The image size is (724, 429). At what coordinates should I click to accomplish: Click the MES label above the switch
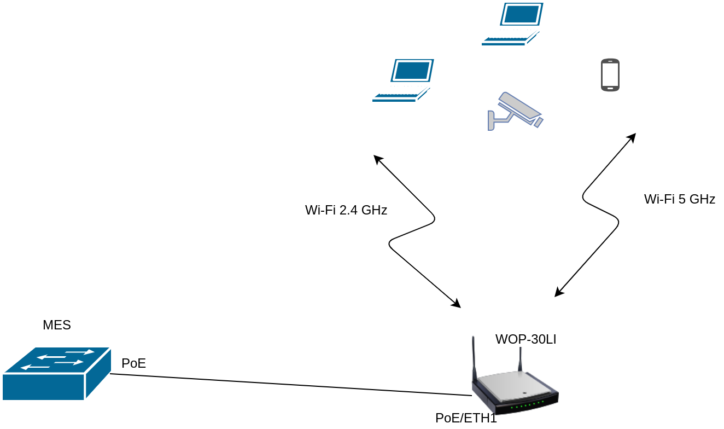tap(57, 325)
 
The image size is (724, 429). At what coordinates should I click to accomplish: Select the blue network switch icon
tap(57, 373)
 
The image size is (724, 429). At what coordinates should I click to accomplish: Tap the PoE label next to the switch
tap(133, 363)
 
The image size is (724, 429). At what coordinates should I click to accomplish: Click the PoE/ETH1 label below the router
tap(466, 418)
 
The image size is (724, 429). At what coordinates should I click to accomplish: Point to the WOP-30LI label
tap(526, 339)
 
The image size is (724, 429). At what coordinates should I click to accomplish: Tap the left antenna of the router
tap(474, 356)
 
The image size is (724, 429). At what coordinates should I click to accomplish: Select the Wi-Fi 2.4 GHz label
tap(346, 210)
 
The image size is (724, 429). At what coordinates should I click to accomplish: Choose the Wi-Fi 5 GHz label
tap(680, 199)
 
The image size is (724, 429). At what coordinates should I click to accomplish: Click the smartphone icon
tap(610, 75)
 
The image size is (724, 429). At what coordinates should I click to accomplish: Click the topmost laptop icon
tap(512, 24)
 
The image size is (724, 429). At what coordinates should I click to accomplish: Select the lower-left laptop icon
tap(403, 80)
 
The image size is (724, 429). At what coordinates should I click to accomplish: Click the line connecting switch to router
tap(290, 384)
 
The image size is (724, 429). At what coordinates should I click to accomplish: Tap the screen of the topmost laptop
tap(521, 14)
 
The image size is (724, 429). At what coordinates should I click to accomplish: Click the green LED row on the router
tap(528, 405)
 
